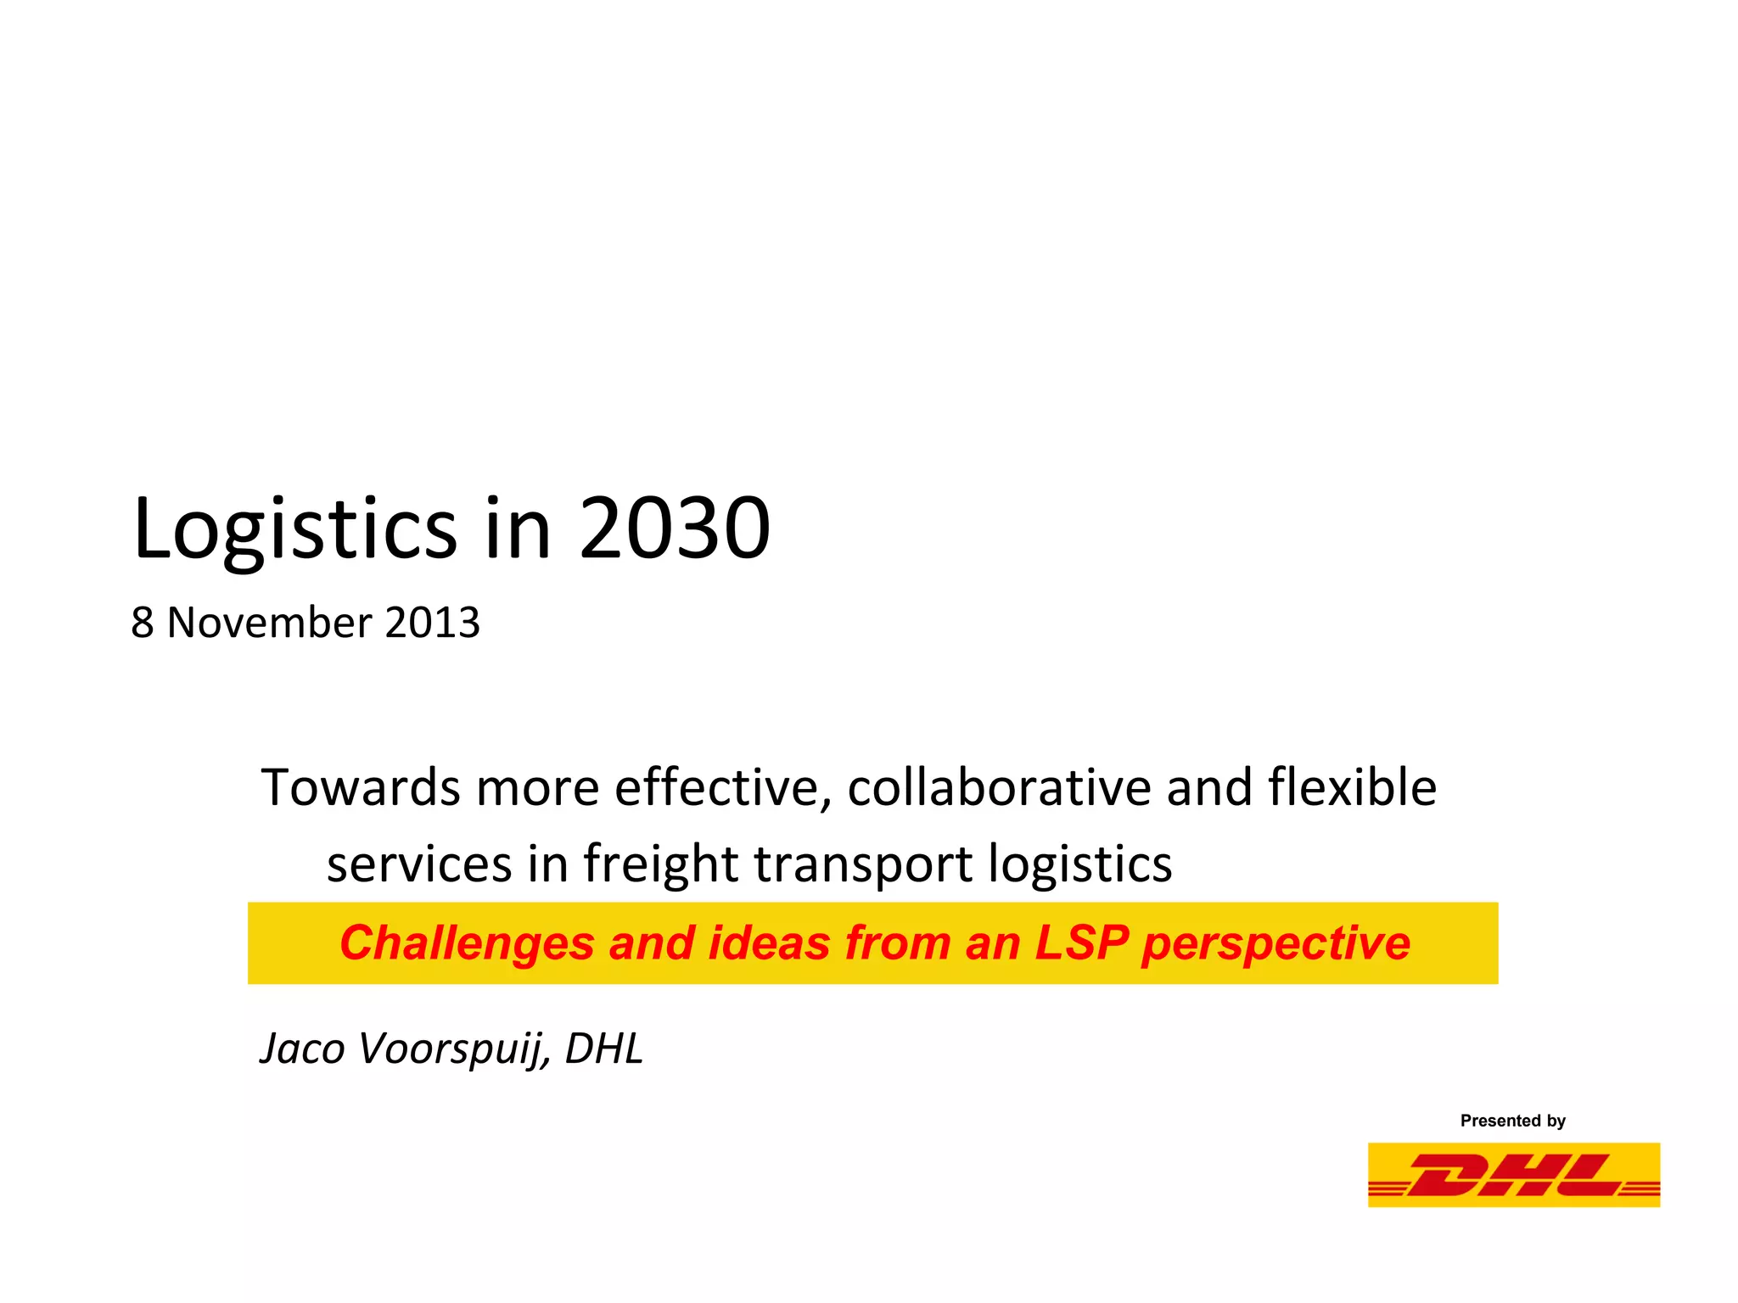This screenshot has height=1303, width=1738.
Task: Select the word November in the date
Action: [x=269, y=623]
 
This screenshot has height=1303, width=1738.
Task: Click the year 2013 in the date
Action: [x=432, y=623]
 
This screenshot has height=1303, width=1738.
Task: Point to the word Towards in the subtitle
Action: [x=361, y=787]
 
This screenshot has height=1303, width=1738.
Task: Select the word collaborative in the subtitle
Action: [x=999, y=787]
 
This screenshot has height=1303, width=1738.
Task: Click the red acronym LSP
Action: [x=1081, y=943]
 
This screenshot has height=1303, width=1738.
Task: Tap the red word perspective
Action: [x=1275, y=943]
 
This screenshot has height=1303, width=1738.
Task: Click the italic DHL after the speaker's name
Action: [x=604, y=1049]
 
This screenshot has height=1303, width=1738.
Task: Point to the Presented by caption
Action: [x=1512, y=1121]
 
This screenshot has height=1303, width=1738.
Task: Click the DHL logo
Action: [x=1513, y=1175]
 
